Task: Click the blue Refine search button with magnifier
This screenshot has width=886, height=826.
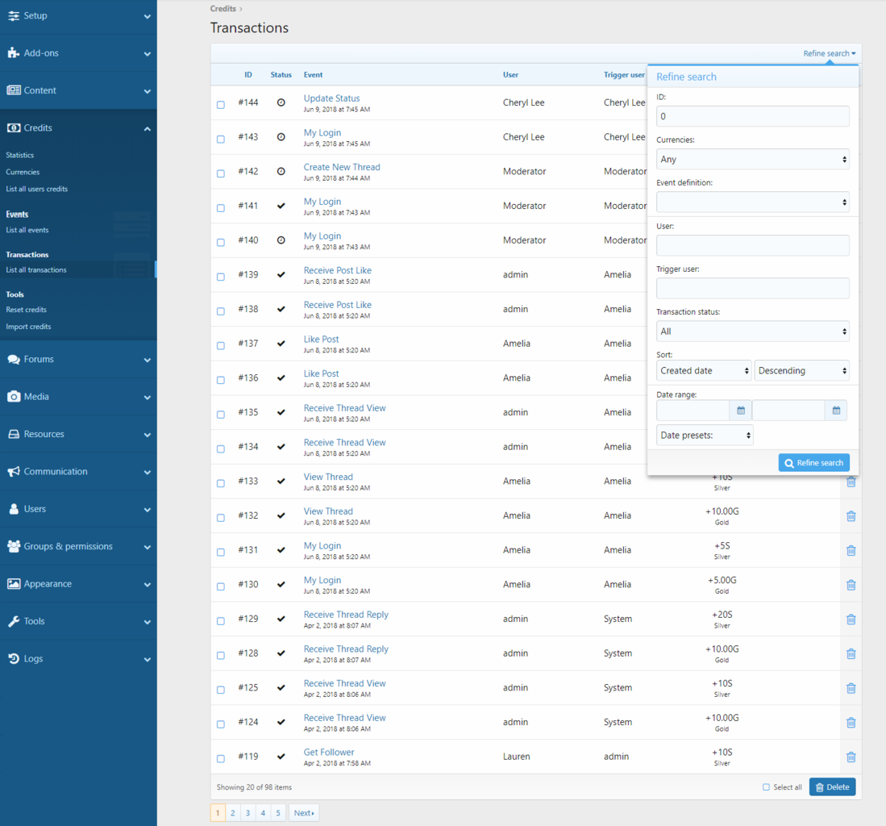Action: [813, 463]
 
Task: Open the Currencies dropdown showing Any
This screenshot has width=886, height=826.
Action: [752, 159]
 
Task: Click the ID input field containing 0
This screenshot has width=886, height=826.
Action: [752, 116]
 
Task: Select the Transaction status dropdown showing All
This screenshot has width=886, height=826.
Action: [752, 332]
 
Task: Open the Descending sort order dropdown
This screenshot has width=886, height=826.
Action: [801, 370]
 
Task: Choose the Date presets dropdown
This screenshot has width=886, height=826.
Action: [705, 436]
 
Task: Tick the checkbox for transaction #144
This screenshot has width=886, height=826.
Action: [221, 105]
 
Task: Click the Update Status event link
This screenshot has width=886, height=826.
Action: [331, 98]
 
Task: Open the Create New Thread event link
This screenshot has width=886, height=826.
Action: [342, 167]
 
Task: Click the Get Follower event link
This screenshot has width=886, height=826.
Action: [329, 752]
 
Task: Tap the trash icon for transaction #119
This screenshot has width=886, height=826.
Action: [851, 757]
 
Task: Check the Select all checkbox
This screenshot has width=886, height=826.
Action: [766, 787]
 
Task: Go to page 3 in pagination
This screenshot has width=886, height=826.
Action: [247, 812]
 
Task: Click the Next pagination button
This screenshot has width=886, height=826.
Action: [304, 812]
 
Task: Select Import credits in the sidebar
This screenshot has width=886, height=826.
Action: [28, 327]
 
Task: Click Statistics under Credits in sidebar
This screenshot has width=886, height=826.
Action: [20, 155]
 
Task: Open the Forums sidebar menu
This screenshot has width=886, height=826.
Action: [78, 359]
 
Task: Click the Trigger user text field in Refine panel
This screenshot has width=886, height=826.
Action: [752, 288]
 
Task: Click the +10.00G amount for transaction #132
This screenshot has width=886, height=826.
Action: [722, 511]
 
